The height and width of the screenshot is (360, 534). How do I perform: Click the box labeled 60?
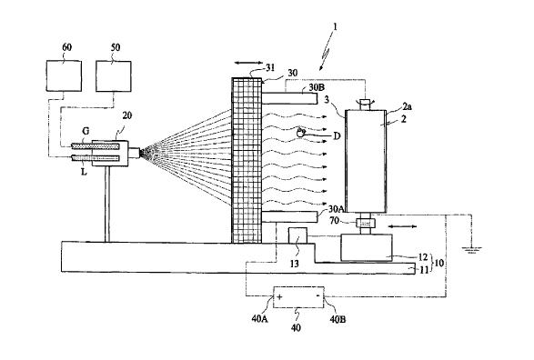64,75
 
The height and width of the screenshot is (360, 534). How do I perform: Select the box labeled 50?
114,76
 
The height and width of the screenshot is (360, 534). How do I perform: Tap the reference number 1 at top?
335,27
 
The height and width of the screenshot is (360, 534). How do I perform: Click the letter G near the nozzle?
86,131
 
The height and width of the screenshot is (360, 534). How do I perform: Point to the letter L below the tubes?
84,172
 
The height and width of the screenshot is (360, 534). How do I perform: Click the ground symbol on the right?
471,250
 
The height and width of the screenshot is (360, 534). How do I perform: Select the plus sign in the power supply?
279,296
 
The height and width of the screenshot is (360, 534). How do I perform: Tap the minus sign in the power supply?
317,296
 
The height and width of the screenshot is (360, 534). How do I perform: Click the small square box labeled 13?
297,235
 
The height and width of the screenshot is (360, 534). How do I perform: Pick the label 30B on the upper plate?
317,86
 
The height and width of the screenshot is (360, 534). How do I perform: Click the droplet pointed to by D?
300,133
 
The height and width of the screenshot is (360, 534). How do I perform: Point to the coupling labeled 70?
366,224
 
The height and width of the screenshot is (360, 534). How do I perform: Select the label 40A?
259,319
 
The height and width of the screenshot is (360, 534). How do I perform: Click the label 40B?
338,319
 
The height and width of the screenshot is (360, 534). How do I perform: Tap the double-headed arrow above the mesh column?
248,63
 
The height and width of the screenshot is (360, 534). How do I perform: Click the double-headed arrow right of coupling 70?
402,226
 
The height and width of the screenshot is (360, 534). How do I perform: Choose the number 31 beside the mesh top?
270,67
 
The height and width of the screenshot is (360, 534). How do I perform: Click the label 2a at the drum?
407,107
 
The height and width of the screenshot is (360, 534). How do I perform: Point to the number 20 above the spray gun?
127,115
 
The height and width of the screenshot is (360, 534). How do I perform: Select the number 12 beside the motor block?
422,257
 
